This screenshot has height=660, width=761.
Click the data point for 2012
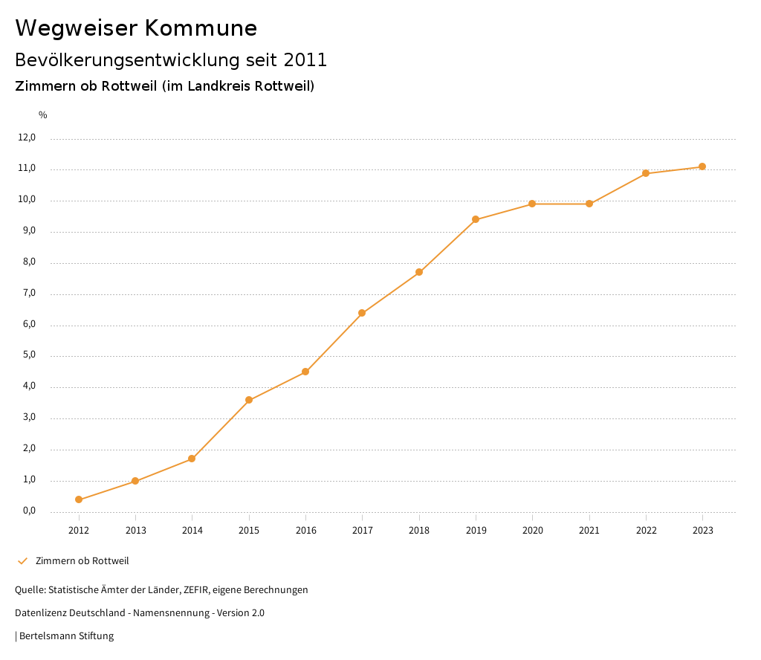pyautogui.click(x=79, y=499)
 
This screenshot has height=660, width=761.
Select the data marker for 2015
pyautogui.click(x=249, y=400)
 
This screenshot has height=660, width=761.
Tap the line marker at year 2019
pyautogui.click(x=476, y=219)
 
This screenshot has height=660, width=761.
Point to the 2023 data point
pyautogui.click(x=702, y=166)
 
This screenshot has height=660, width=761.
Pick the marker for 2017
pyautogui.click(x=362, y=313)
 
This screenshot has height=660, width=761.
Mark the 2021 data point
pyautogui.click(x=589, y=204)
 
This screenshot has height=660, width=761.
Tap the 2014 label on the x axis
pyautogui.click(x=192, y=530)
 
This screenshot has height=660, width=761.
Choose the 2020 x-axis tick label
pyautogui.click(x=532, y=530)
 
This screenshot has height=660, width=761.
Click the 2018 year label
pyautogui.click(x=419, y=530)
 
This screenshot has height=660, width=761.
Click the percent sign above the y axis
pyautogui.click(x=43, y=115)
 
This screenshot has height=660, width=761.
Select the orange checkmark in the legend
pyautogui.click(x=22, y=560)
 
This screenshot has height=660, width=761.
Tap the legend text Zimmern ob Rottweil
pyautogui.click(x=82, y=560)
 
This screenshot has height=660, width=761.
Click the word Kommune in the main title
pyautogui.click(x=201, y=28)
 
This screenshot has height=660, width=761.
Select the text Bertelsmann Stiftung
pyautogui.click(x=66, y=635)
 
